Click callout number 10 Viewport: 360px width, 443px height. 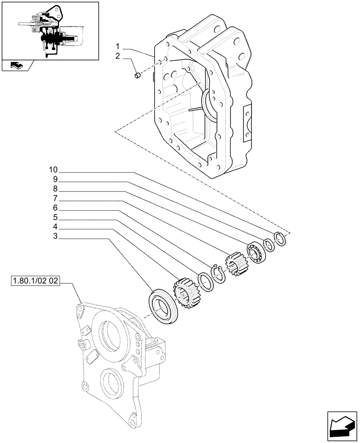(53, 170)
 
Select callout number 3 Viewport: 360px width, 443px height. (55, 237)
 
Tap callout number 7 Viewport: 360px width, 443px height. (55, 199)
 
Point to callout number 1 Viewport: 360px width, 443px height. (118, 47)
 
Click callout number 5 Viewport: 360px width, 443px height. (55, 218)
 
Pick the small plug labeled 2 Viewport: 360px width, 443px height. (137, 76)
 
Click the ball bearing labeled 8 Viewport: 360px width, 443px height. (256, 252)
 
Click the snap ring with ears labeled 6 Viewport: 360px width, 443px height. (219, 274)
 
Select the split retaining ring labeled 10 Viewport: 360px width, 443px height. (280, 239)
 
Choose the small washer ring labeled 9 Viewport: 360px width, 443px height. (268, 245)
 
